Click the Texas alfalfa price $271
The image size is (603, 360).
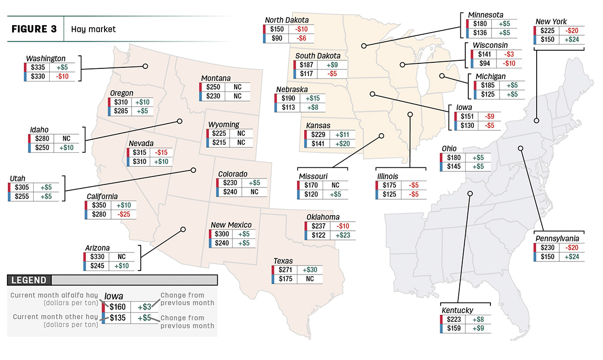[x=285, y=270]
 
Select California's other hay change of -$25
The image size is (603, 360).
[x=124, y=214]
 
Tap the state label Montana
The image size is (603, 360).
[x=216, y=78]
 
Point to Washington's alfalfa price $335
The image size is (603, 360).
[x=38, y=67]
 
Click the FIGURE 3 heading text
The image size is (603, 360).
[x=34, y=29]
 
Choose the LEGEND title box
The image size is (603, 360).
[x=29, y=280]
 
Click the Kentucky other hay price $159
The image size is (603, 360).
[x=454, y=328]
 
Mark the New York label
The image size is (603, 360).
[x=551, y=21]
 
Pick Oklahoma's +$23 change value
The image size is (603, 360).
[x=343, y=235]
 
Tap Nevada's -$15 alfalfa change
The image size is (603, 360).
[x=161, y=152]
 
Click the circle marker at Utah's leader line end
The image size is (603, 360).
[x=193, y=170]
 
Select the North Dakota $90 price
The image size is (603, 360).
[x=277, y=38]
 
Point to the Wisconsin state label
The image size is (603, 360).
[x=490, y=45]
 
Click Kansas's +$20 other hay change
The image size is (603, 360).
[x=342, y=144]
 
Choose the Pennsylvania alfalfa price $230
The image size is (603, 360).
[x=548, y=248]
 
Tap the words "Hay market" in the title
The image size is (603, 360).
[x=93, y=29]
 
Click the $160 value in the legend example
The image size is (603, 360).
[x=118, y=307]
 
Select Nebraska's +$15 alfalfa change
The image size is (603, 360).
[x=313, y=98]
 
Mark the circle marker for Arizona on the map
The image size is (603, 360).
[x=183, y=229]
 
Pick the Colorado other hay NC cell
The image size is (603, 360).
[x=254, y=192]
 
